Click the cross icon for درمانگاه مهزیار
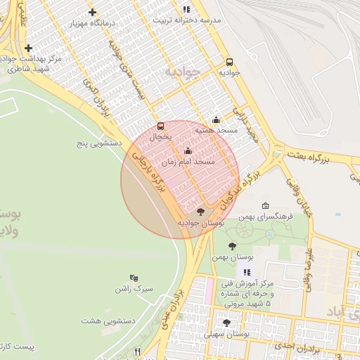[x=92, y=12]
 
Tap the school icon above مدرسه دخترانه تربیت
[x=186, y=9]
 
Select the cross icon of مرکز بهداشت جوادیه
[x=28, y=48]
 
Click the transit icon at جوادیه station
[x=229, y=61]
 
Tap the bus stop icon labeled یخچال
[x=161, y=127]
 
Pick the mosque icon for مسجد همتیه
[x=215, y=120]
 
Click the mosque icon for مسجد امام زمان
[x=187, y=150]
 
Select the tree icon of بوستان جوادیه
[x=201, y=211]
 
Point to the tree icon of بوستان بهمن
[x=232, y=246]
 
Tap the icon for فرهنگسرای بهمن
[x=264, y=206]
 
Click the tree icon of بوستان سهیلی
[x=226, y=323]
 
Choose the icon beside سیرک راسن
[x=134, y=278]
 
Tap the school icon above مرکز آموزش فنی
[x=246, y=272]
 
